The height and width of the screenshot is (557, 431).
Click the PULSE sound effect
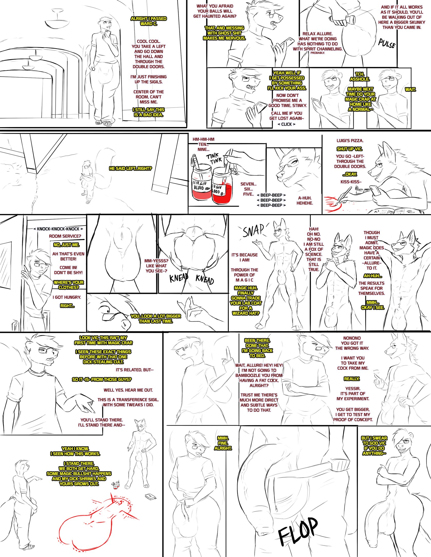(387, 43)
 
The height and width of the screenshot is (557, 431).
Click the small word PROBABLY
(318, 53)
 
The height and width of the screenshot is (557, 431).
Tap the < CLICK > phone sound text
(286, 124)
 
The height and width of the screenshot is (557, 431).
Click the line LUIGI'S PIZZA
(350, 141)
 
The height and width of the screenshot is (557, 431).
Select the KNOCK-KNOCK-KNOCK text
(58, 229)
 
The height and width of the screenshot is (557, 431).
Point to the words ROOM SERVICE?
(65, 236)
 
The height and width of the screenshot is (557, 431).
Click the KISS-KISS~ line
(351, 182)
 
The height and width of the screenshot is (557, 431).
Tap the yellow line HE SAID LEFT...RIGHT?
(130, 168)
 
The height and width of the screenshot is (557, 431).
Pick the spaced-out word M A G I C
(244, 280)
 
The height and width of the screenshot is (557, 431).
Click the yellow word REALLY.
(352, 379)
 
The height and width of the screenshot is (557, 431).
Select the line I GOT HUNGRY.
(67, 297)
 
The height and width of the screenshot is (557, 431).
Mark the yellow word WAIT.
(410, 89)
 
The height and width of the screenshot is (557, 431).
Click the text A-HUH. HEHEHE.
(305, 201)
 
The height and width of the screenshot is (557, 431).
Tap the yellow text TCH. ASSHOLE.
(360, 77)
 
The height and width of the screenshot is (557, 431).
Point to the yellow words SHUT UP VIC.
(349, 149)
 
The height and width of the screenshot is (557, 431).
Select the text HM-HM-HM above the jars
(203, 139)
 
